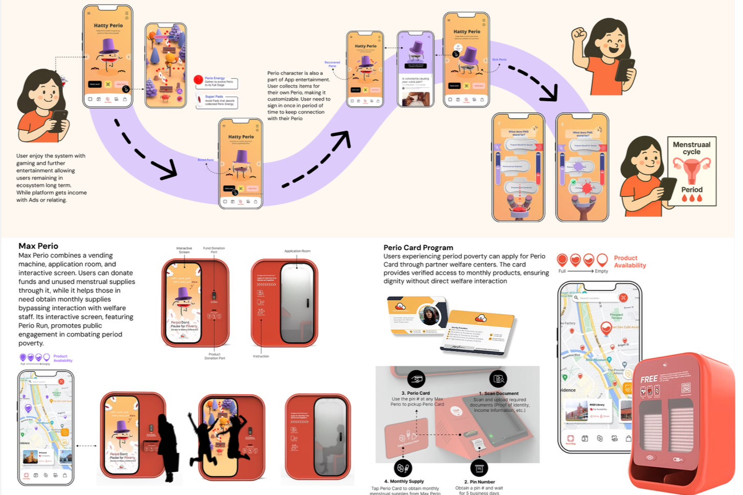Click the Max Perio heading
[38, 246]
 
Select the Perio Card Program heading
[418, 248]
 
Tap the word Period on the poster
[691, 190]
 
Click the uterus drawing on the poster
[691, 169]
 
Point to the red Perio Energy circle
[198, 80]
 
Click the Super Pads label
[214, 97]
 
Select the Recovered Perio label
[332, 64]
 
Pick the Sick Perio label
[499, 60]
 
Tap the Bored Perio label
[205, 160]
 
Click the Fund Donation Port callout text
[214, 250]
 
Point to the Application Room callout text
[297, 251]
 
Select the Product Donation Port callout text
[215, 356]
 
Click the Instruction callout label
[261, 356]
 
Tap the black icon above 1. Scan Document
[498, 379]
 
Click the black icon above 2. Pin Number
[479, 467]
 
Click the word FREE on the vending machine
[648, 379]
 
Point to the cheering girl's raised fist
[579, 35]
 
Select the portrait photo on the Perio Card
[429, 315]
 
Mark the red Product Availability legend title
[630, 262]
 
